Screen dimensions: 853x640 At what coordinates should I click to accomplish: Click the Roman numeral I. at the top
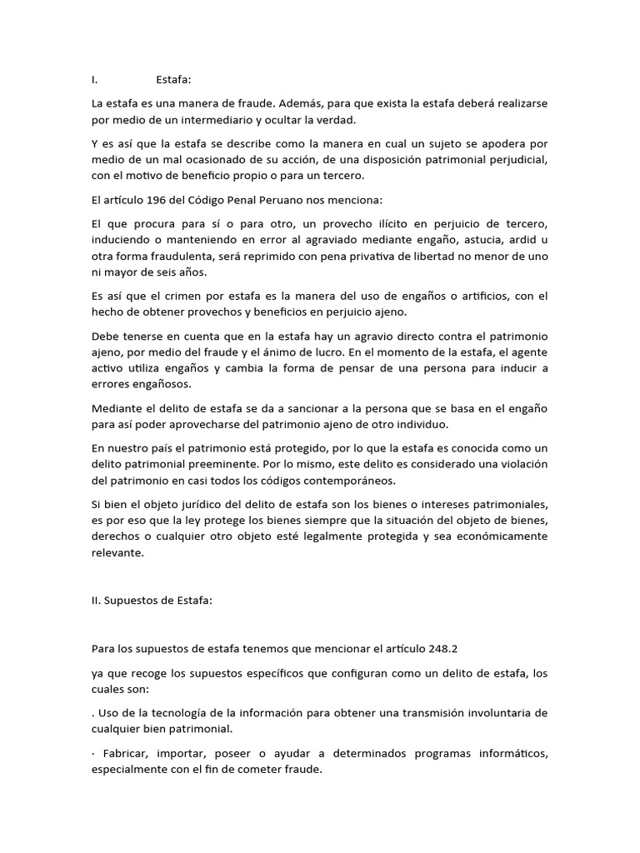pos(95,80)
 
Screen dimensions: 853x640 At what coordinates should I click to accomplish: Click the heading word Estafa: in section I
pos(173,80)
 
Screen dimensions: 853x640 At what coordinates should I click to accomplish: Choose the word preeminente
pos(222,463)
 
